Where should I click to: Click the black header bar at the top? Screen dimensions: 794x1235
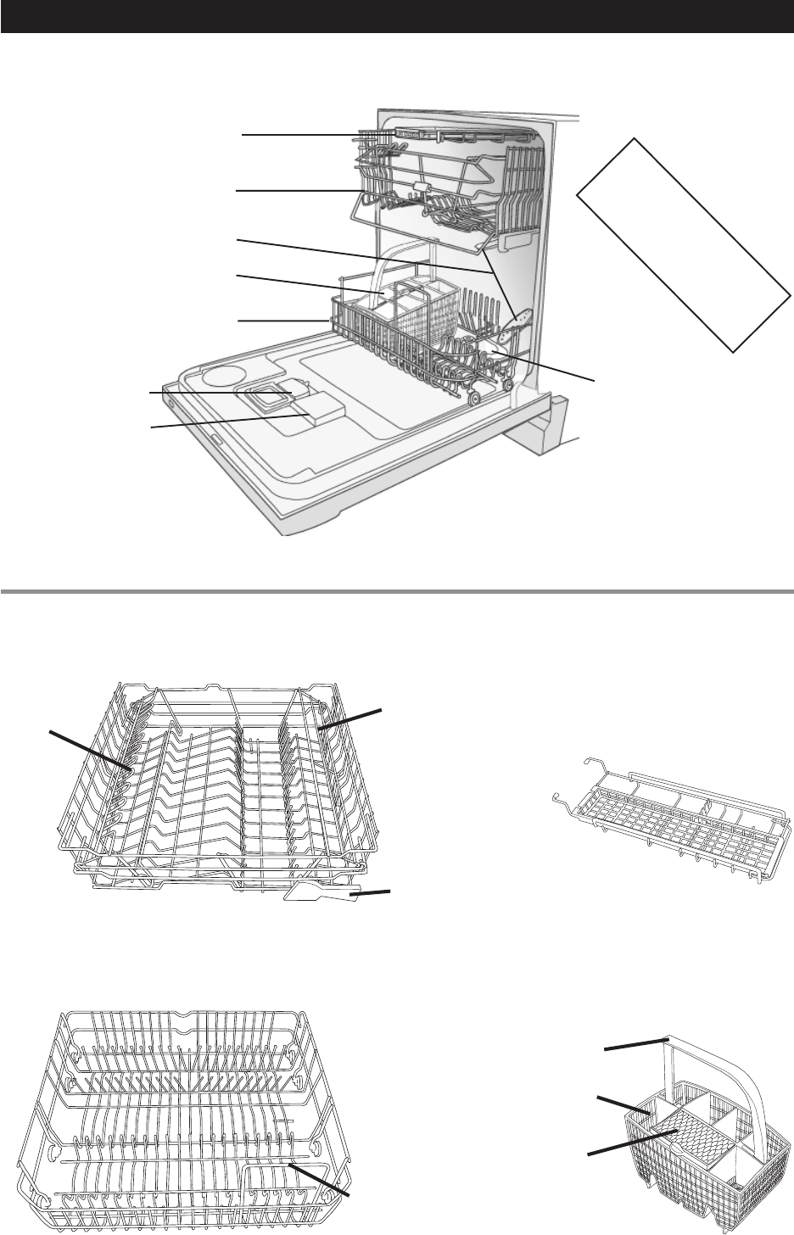coord(397,17)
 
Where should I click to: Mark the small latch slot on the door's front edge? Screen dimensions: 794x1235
coord(215,441)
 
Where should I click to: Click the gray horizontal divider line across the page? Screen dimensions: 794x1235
coord(397,591)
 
